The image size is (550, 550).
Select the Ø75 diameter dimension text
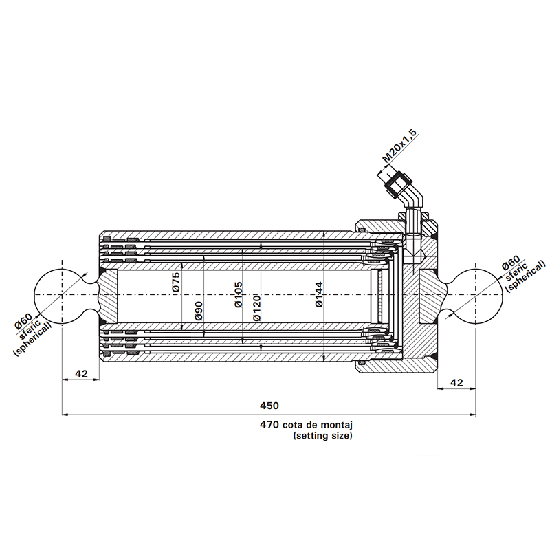tap(175, 283)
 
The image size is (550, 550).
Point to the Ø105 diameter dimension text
tap(238, 294)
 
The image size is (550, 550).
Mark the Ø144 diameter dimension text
tap(318, 294)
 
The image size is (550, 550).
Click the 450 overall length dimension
tap(269, 406)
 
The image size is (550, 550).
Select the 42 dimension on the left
tap(81, 373)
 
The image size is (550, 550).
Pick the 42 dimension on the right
tap(456, 382)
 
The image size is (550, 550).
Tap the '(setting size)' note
tap(322, 436)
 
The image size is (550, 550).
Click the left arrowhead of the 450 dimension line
tap(65, 415)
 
